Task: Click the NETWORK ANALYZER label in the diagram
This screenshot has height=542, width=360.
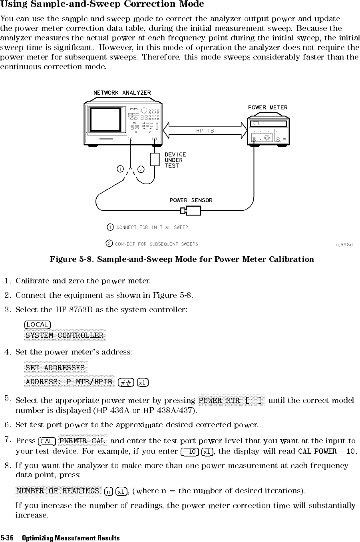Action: pos(122,93)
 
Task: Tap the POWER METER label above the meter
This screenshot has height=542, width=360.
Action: pos(267,107)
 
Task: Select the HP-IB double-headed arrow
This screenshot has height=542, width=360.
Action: pos(205,130)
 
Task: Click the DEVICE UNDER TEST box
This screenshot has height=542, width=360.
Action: pos(155,159)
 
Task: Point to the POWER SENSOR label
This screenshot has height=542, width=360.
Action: pos(191,200)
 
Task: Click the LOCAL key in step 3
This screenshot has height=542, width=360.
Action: pos(37,324)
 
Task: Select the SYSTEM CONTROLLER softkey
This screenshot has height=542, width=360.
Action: pos(64,335)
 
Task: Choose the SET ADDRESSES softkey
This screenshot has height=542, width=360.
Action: pos(55,367)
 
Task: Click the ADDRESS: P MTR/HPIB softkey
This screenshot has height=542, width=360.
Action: pos(69,381)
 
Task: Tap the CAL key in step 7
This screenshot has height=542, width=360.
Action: pos(46,441)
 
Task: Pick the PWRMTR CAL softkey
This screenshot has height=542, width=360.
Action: pos(82,441)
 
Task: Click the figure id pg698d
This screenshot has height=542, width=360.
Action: pos(344,244)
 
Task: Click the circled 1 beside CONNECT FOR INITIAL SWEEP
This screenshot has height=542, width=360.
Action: pos(110,227)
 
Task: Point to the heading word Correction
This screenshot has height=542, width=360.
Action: pos(148,4)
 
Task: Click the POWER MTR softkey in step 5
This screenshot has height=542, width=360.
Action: pos(231,400)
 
